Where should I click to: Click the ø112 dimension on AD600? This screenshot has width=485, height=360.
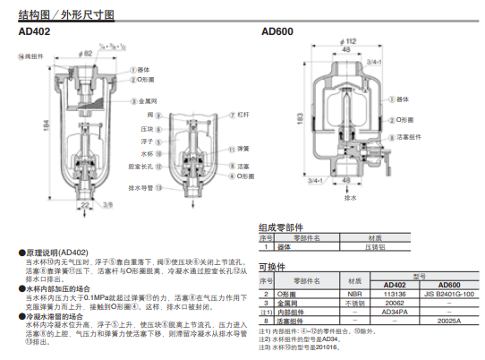[x=351, y=42]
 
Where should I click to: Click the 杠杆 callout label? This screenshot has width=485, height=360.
[x=243, y=116]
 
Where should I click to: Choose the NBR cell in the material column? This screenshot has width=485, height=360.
[x=354, y=293]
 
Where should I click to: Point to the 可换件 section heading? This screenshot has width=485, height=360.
[x=272, y=266]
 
